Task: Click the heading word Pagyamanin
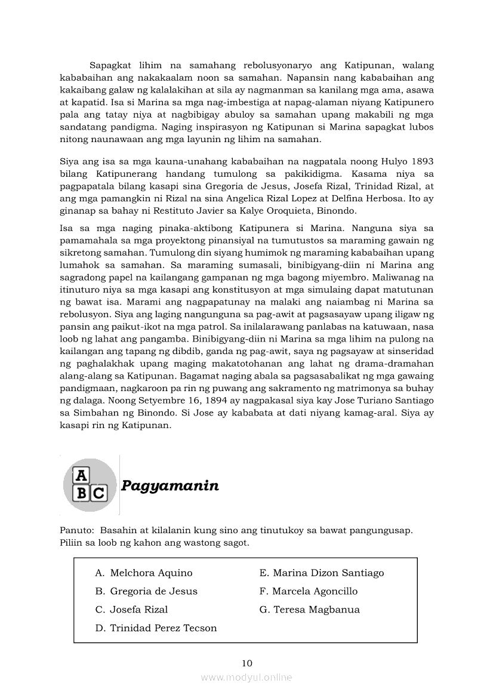pyautogui.click(x=170, y=485)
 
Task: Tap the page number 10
pyautogui.click(x=247, y=663)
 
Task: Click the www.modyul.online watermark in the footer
pyautogui.click(x=246, y=677)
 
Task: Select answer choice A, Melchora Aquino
pyautogui.click(x=144, y=573)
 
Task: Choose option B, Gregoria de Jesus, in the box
pyautogui.click(x=146, y=591)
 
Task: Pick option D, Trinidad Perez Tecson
pyautogui.click(x=156, y=628)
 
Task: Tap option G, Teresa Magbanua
pyautogui.click(x=309, y=610)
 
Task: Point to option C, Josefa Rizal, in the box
pyautogui.click(x=131, y=610)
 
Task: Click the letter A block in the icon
pyautogui.click(x=81, y=475)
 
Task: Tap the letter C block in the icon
pyautogui.click(x=98, y=494)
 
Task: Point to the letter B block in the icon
pyautogui.click(x=82, y=494)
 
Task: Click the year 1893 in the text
pyautogui.click(x=421, y=162)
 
